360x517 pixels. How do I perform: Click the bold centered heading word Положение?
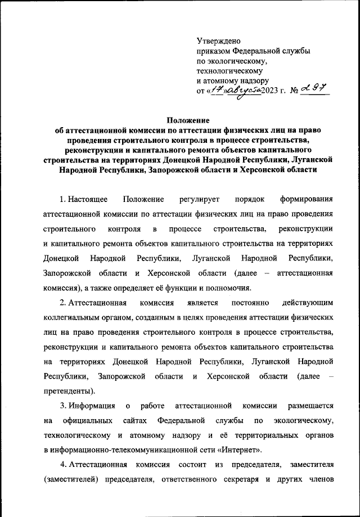(x=187, y=120)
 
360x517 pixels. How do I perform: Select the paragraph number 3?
(x=62, y=405)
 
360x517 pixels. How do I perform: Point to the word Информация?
(x=92, y=405)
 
